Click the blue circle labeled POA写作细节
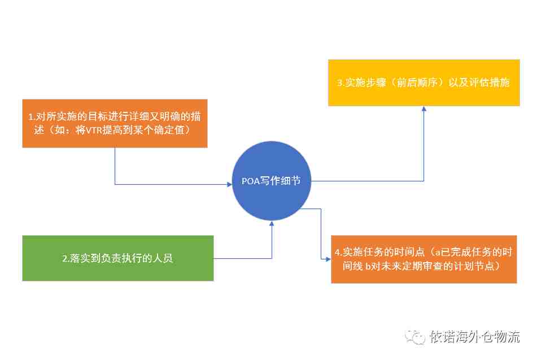tap(271, 181)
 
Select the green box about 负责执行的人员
tap(118, 258)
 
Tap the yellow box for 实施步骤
tap(424, 83)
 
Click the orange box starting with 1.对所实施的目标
tap(115, 123)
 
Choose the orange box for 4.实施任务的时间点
tap(424, 259)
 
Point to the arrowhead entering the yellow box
tap(424, 109)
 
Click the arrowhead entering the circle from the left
tap(229, 184)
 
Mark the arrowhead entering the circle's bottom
tap(272, 224)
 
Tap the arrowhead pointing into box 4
tap(328, 259)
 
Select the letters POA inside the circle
tap(250, 181)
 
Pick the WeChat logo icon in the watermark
tap(414, 337)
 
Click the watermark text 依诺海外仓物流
tap(475, 337)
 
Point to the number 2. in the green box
tap(66, 258)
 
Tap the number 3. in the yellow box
tap(341, 83)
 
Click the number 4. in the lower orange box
tap(338, 253)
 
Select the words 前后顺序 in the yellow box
tap(417, 83)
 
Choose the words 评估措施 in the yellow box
tap(490, 83)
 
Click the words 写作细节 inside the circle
tap(280, 181)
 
